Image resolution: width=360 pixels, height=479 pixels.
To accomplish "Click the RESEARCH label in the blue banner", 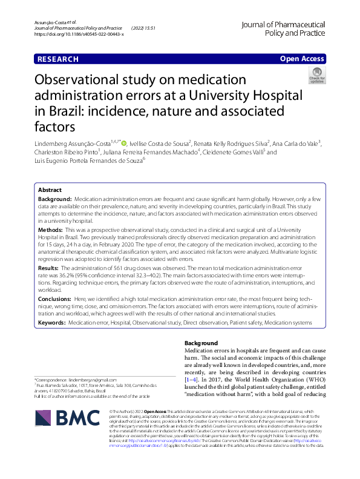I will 58,59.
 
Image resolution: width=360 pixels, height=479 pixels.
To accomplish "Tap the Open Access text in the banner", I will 302,59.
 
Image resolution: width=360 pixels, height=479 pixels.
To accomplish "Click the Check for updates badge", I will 316,76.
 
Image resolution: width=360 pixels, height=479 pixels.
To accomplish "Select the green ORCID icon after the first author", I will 124,143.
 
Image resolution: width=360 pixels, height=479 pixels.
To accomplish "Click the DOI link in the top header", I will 79,35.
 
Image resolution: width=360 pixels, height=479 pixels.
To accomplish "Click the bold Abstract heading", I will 50,190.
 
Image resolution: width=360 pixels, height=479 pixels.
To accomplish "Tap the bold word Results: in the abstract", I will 50,267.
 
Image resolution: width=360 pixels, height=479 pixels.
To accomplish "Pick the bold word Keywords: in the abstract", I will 53,323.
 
